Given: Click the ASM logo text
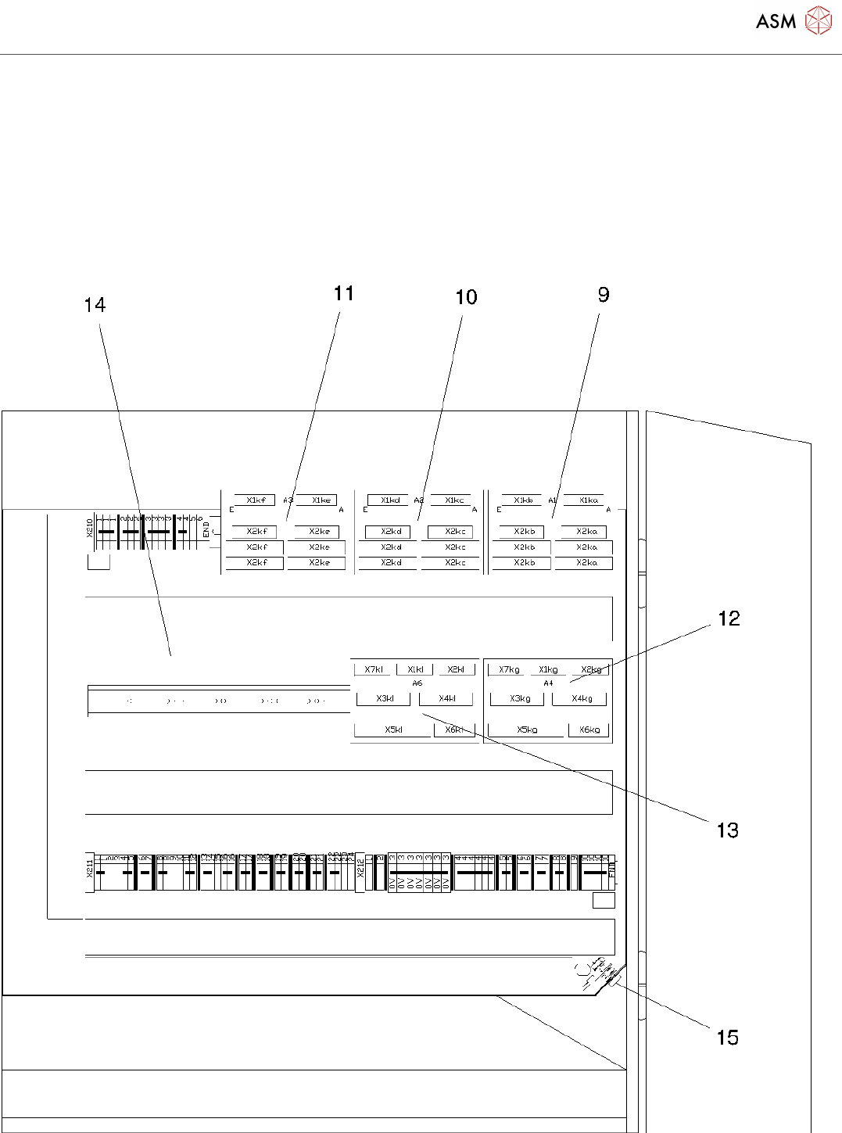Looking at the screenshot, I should point(776,22).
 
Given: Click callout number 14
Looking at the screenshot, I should point(95,305).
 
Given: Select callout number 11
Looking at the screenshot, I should point(344,293).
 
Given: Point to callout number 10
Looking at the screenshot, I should point(466,297).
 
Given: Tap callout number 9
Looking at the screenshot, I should point(604,295).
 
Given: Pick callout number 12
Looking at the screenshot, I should point(729,618).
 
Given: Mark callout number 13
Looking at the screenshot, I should point(728,830).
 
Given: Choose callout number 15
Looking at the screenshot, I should point(728,1038).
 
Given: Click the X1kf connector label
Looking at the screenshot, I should point(256,500).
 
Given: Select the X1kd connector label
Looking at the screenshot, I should point(390,500).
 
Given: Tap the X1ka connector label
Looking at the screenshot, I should point(589,500).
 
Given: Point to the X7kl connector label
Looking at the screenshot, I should point(374,669).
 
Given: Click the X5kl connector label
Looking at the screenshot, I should point(393,730).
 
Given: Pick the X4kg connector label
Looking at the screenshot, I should point(582,699).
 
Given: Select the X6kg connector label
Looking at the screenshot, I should point(589,730).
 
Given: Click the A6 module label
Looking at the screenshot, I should point(417,683).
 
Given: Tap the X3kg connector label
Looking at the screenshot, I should point(520,699).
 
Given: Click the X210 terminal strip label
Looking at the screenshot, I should point(89,528).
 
